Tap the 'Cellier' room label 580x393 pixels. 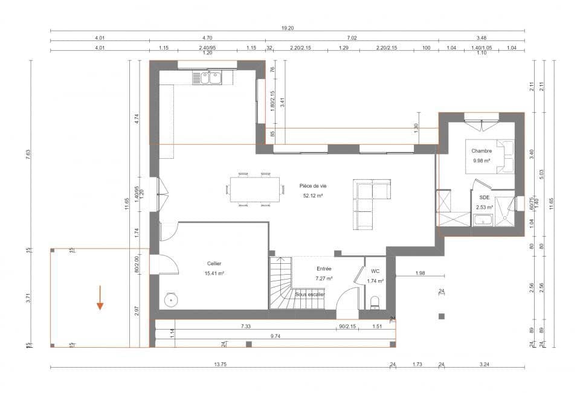[214, 264]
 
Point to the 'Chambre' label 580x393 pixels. [482, 151]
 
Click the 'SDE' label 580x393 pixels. [485, 197]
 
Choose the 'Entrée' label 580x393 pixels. [324, 269]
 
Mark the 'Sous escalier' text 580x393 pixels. [310, 294]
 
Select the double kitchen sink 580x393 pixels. [207, 77]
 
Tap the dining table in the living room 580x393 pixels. [254, 190]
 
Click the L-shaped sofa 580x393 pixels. [369, 202]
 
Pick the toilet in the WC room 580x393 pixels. [375, 301]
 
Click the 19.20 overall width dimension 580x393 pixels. [288, 28]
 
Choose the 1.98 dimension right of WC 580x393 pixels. [420, 274]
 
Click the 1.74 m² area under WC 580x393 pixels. [376, 281]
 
